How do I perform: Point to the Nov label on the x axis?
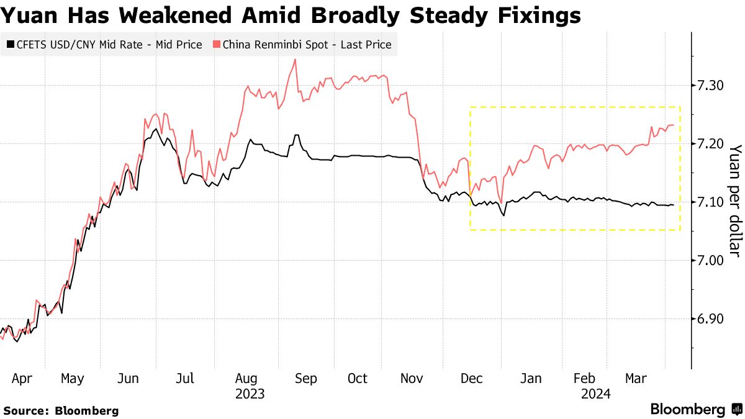coord(413,379)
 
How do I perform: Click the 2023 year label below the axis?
coord(250,394)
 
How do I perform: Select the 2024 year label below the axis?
coord(595,394)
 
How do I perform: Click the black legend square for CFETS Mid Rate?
coord(10,45)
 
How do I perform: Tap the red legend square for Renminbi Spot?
coord(216,45)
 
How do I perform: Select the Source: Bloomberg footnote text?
coord(61,410)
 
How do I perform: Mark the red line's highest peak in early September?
coord(294,60)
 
